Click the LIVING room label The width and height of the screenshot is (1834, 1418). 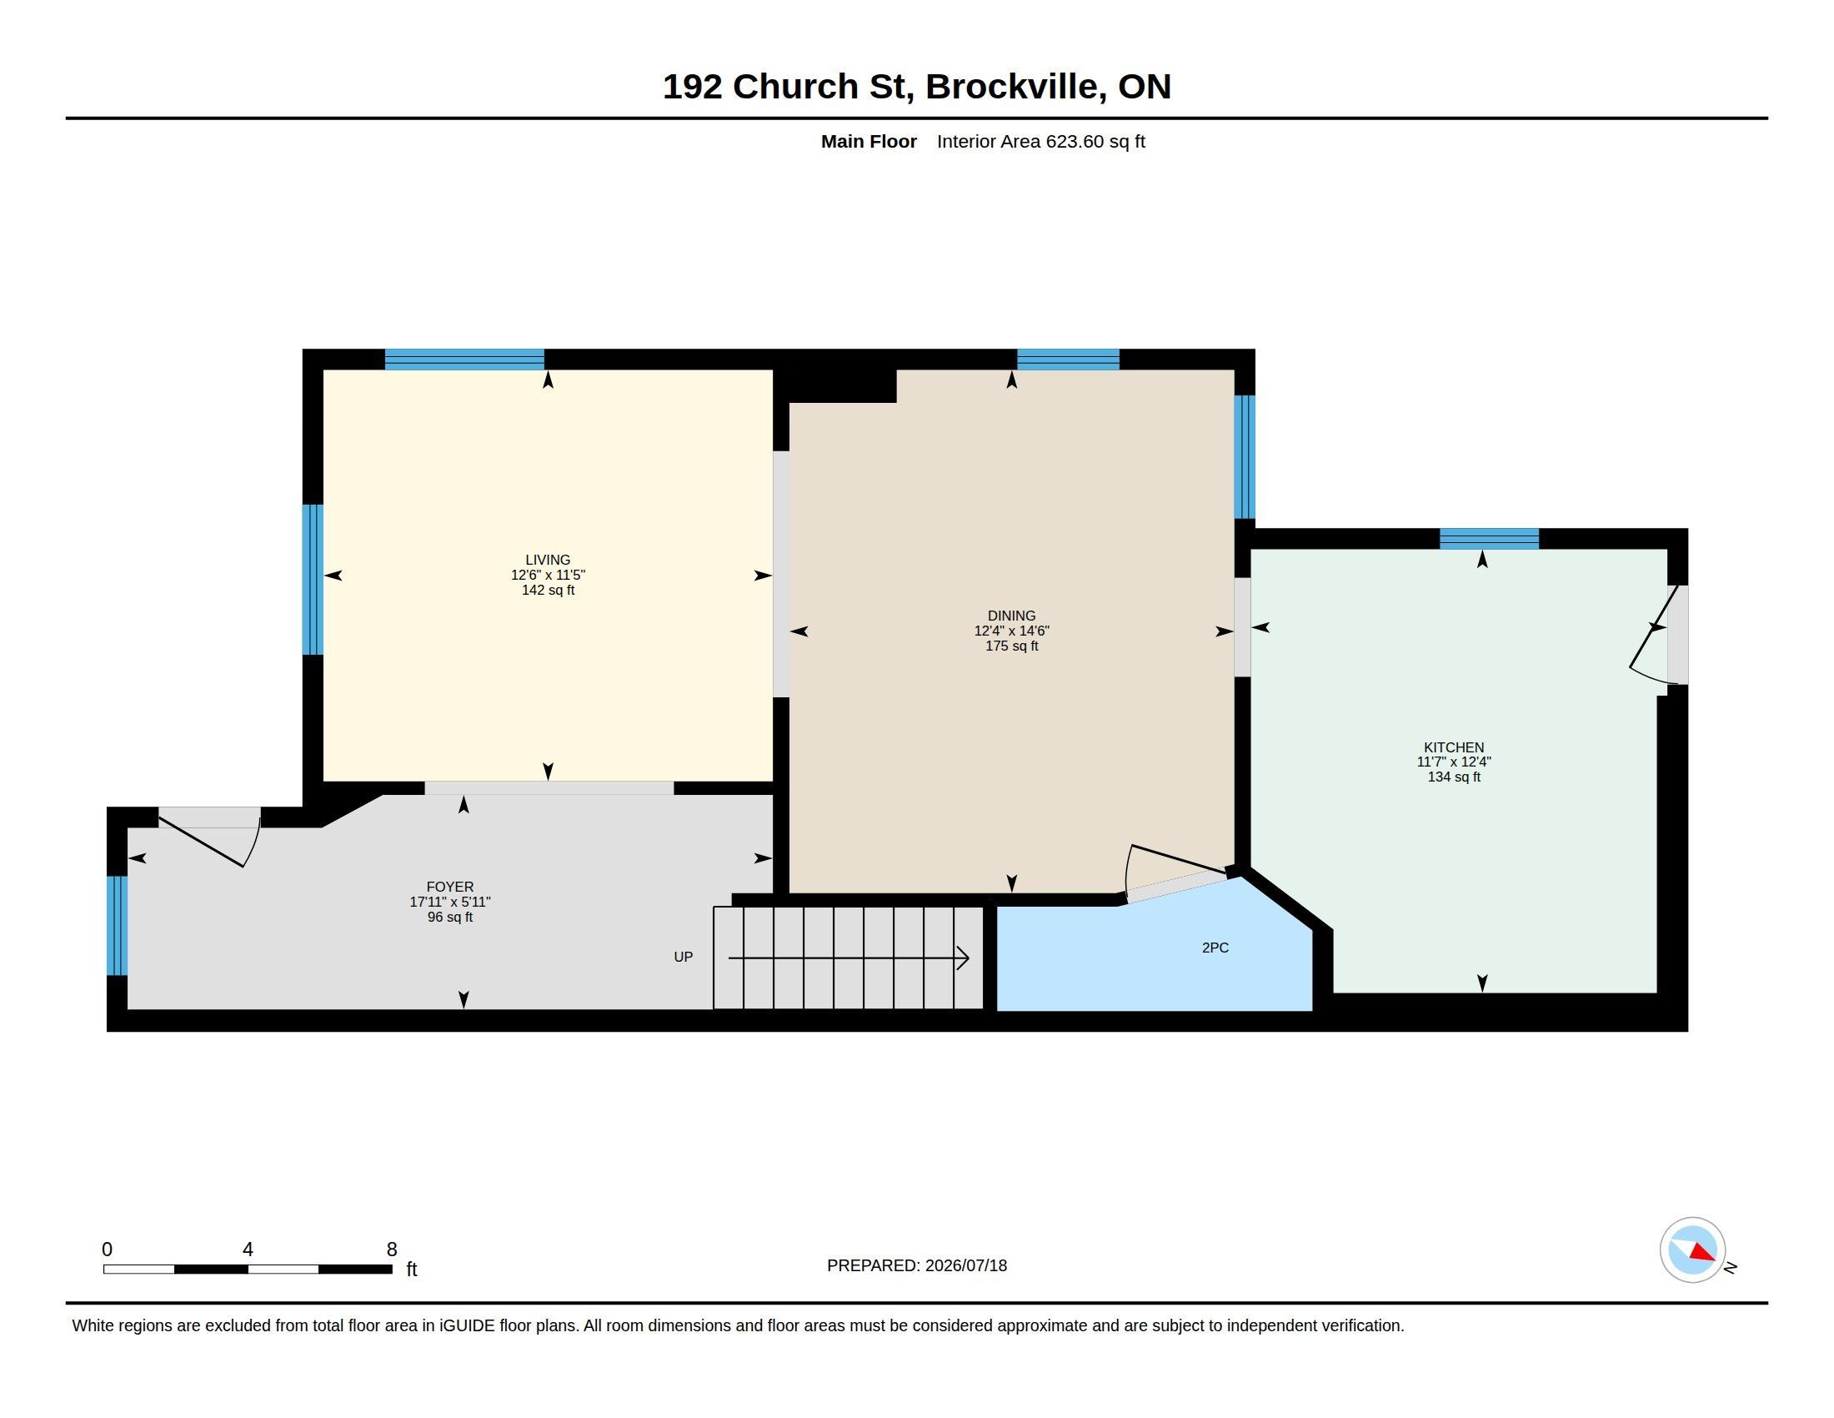coord(548,560)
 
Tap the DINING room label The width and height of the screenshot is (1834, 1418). coord(1011,616)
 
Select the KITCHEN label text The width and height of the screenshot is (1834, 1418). coord(1454,747)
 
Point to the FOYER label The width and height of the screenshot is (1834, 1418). coord(450,886)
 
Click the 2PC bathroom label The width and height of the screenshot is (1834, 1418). coord(1215,948)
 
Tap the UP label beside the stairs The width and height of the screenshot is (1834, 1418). coord(683,957)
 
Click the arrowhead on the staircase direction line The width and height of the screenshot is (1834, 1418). coord(964,958)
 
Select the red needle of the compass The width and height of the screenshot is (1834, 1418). coord(1702,1253)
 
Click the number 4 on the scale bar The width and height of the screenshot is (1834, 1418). coord(248,1250)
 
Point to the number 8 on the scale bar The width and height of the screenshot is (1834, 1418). coord(391,1250)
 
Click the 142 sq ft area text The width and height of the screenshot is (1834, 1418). coord(548,590)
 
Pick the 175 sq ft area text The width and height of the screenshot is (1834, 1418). coord(1011,646)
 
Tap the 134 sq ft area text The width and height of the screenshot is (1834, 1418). coord(1454,777)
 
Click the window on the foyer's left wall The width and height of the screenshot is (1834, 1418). coord(117,926)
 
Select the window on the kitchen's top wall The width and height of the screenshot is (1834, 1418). coord(1489,539)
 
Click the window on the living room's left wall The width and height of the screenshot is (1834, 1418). coord(313,579)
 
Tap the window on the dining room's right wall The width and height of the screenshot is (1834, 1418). coord(1245,457)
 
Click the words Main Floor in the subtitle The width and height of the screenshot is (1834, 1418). coord(869,141)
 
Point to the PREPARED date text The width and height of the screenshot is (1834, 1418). coord(916,1265)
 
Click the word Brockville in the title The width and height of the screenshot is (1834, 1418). coord(1015,87)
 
